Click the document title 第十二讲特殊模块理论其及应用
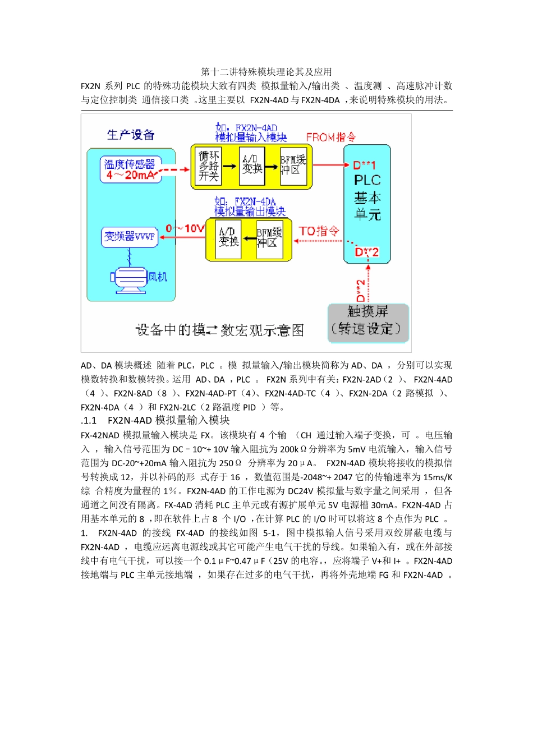266,72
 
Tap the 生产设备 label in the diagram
131,135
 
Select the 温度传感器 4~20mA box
130,169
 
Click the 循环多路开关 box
208,166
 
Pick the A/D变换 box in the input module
252,166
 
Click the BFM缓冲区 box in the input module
293,166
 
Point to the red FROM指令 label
330,137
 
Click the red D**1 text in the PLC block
364,165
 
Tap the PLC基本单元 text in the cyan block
367,197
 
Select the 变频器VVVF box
130,237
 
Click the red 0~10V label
185,229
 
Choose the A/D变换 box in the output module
228,238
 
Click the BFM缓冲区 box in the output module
269,238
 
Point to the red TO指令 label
319,231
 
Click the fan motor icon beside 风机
130,278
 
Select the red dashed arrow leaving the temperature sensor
176,169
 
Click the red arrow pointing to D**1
331,165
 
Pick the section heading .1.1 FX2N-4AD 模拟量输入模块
155,420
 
